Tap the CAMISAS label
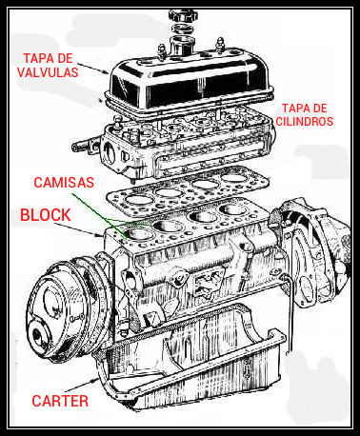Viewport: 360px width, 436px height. tap(64, 181)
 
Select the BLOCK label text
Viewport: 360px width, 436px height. tap(46, 216)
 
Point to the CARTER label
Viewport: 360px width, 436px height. tap(59, 401)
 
